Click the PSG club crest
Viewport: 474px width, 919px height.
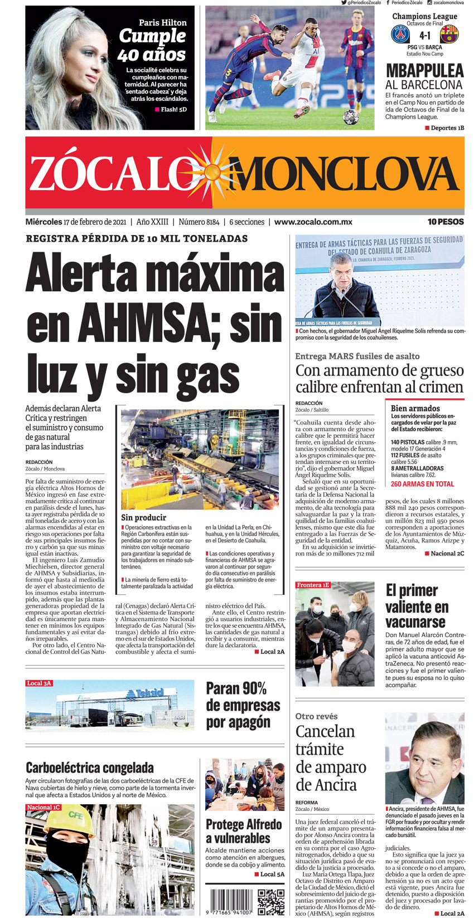(400, 35)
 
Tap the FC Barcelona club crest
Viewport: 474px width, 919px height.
(449, 35)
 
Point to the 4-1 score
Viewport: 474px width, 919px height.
(425, 35)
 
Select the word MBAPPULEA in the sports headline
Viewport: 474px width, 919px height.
(425, 71)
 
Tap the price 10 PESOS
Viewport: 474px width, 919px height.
(446, 222)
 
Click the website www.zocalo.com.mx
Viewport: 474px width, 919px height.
(313, 222)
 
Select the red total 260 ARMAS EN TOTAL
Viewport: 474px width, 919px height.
(422, 484)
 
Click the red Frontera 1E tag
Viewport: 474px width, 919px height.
(313, 585)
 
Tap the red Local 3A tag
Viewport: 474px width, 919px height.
(40, 683)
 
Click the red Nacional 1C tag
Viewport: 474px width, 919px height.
(43, 807)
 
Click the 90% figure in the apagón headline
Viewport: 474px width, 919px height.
(253, 688)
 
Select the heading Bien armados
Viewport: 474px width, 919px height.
(415, 408)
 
